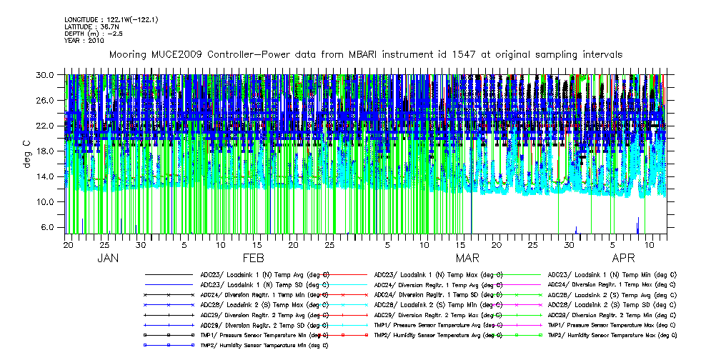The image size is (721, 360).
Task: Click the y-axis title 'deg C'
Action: (x=26, y=153)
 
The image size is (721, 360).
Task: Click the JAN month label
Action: (x=108, y=258)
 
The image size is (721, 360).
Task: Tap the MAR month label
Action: (x=467, y=258)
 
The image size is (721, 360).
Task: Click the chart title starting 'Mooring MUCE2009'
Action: (x=364, y=54)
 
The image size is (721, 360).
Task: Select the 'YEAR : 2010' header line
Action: (x=84, y=41)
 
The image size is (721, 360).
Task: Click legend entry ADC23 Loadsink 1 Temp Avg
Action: (x=264, y=274)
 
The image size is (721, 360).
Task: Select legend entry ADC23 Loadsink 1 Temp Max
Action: (x=439, y=274)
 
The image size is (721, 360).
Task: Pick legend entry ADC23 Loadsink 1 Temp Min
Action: (x=612, y=274)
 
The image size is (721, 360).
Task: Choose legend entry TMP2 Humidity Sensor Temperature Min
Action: (x=264, y=345)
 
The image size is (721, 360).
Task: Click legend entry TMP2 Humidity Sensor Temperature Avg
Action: (x=439, y=334)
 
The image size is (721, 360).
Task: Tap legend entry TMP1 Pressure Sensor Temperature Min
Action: (x=264, y=334)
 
